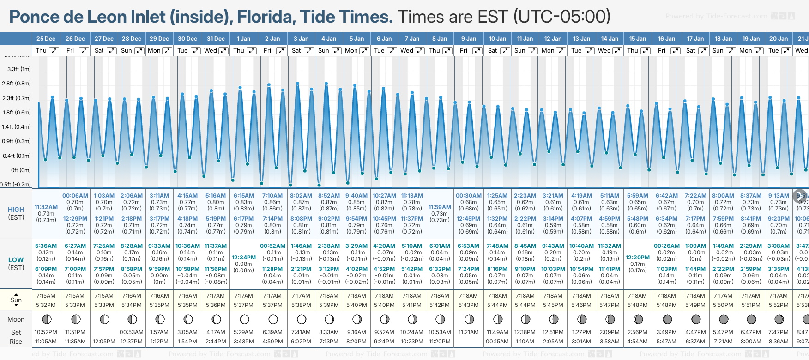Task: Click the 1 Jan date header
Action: [x=243, y=39]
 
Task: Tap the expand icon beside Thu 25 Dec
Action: [x=54, y=51]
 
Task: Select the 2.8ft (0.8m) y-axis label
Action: [x=16, y=84]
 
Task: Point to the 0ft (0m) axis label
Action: [x=21, y=170]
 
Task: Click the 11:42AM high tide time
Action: [x=46, y=207]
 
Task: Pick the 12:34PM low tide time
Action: [x=243, y=258]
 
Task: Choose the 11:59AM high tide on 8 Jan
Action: [x=440, y=207]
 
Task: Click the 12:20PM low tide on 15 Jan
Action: [x=638, y=258]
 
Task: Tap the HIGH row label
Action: [x=16, y=210]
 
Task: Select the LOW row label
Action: [x=16, y=260]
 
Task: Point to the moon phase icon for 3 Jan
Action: [x=301, y=319]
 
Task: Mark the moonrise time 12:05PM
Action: [x=104, y=342]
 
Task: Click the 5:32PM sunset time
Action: [x=46, y=305]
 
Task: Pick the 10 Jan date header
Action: [x=497, y=39]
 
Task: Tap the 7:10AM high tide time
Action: [x=272, y=196]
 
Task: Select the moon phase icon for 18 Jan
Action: [x=723, y=319]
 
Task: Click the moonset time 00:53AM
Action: [x=132, y=332]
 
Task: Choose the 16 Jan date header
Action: [x=666, y=39]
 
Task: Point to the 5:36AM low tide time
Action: [x=46, y=246]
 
